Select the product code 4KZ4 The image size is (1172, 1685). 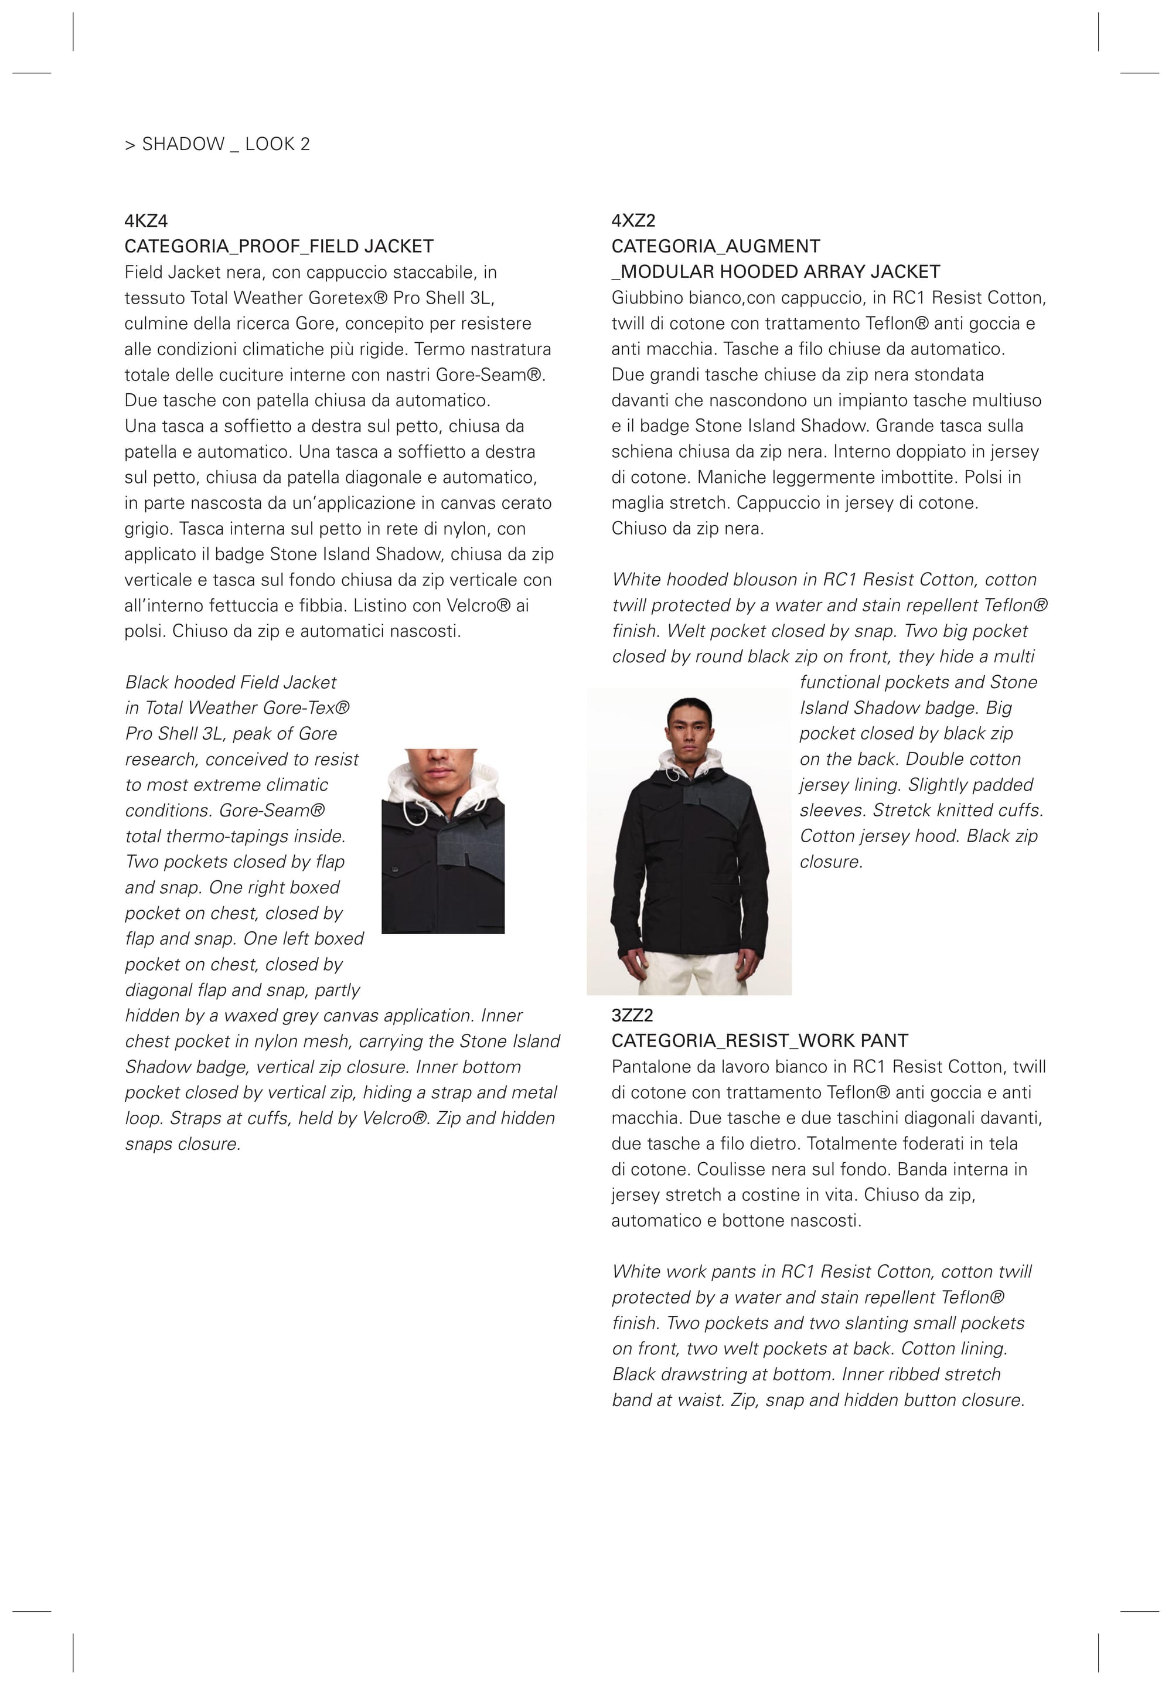coord(146,221)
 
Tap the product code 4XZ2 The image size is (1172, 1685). coord(633,221)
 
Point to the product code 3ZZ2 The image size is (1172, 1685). coord(632,1015)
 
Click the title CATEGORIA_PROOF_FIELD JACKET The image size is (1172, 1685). coord(279,247)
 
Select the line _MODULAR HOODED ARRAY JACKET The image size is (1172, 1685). coord(776,273)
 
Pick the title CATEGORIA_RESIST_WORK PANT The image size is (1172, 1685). coord(759,1041)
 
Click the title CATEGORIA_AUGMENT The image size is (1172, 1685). coord(716,247)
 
